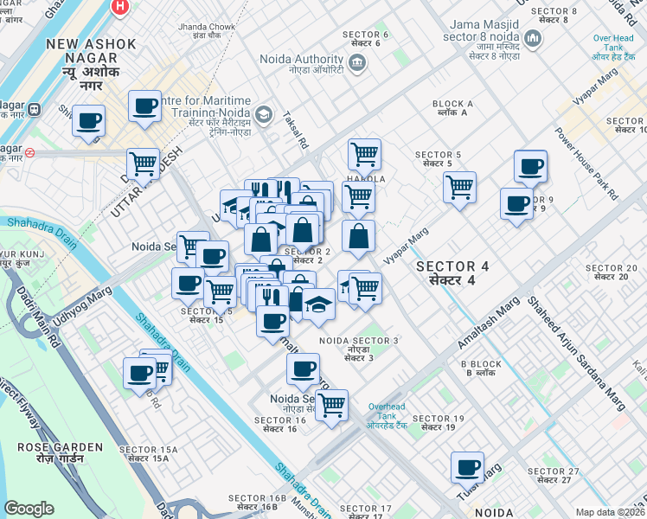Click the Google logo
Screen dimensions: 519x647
[x=29, y=509]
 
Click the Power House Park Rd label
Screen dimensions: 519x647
[x=587, y=164]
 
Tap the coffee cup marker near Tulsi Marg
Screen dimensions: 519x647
[x=467, y=468]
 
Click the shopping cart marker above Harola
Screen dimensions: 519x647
[x=364, y=154]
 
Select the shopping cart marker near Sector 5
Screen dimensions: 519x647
[x=459, y=186]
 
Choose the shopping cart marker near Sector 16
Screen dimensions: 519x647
[x=331, y=404]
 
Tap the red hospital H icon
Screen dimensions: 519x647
[x=120, y=7]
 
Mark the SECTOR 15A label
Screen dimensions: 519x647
[x=148, y=453]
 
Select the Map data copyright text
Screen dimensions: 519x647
[x=610, y=512]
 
